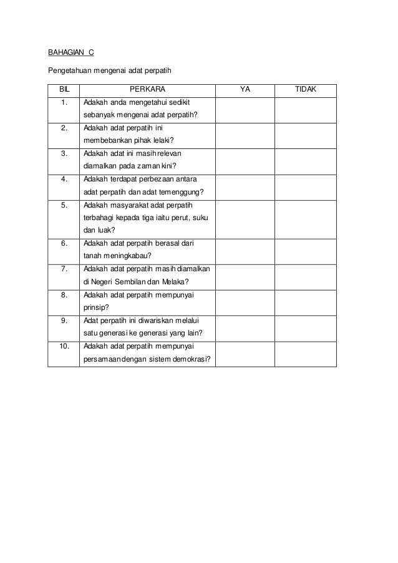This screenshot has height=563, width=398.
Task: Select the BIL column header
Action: coord(64,90)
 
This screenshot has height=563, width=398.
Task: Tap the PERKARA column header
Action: coord(147,90)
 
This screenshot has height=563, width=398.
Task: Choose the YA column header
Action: coord(245,90)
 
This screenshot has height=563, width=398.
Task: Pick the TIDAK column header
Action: coord(306,90)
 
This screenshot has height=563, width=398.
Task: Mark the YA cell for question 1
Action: coord(245,109)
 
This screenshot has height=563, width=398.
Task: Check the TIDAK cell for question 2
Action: coord(306,135)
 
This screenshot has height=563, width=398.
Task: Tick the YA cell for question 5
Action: coord(245,218)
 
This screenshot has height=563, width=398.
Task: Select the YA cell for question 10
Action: coord(245,354)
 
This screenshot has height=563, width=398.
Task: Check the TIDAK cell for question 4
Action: coord(306,186)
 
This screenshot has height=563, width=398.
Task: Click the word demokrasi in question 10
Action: coord(190,360)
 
